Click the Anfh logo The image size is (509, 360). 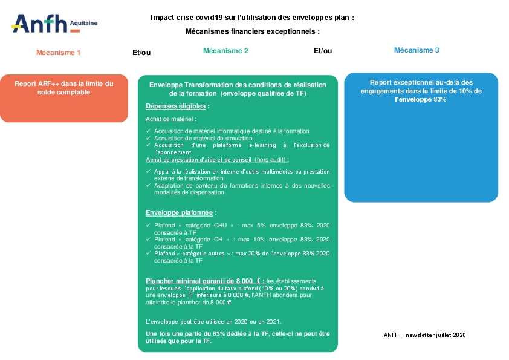tap(54, 24)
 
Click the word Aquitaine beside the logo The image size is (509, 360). tap(84, 23)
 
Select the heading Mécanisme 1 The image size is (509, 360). tap(58, 53)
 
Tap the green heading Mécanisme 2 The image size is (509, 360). tap(225, 51)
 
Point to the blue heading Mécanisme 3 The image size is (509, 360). tap(417, 50)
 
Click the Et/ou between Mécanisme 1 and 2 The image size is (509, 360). tap(141, 53)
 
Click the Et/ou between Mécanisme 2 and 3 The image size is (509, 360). tap(323, 51)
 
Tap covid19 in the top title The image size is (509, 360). tap(204, 18)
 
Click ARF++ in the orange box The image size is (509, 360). tap(49, 83)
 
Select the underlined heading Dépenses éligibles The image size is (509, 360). tap(176, 106)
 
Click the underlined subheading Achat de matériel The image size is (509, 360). tap(170, 119)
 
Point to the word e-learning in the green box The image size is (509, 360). tap(262, 145)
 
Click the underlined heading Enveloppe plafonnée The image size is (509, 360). tap(179, 212)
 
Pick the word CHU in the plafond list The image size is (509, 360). tap(221, 226)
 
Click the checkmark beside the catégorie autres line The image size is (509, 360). tap(148, 253)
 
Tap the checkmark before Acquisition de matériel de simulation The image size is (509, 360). tap(148, 138)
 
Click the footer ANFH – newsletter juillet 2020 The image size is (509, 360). tap(424, 335)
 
